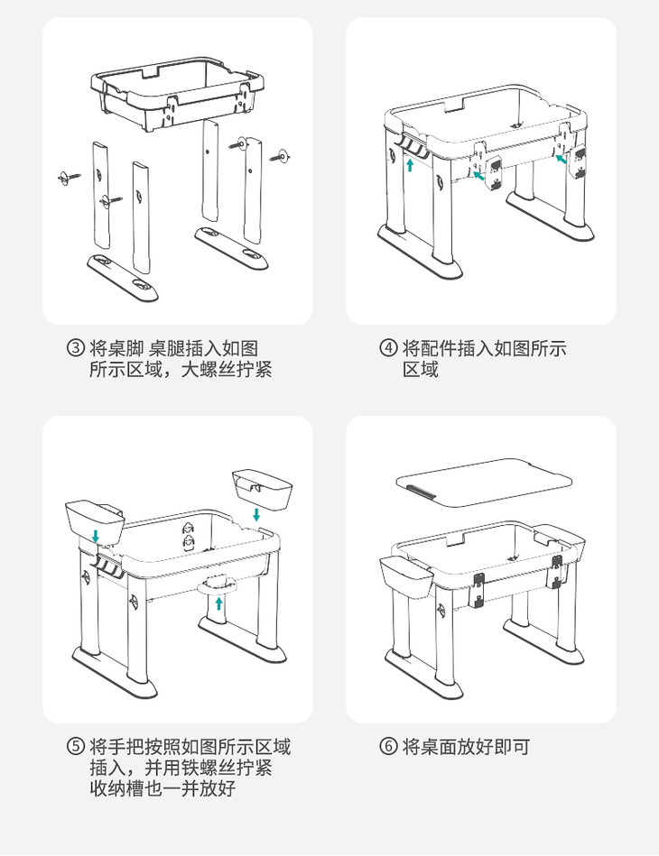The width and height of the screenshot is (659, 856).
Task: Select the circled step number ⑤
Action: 77,747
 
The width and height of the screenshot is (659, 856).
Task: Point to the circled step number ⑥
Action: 388,747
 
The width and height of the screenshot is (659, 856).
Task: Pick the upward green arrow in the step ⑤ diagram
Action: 218,603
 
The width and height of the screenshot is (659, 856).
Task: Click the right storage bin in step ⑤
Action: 262,487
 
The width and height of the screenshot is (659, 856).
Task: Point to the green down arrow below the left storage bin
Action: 97,538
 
